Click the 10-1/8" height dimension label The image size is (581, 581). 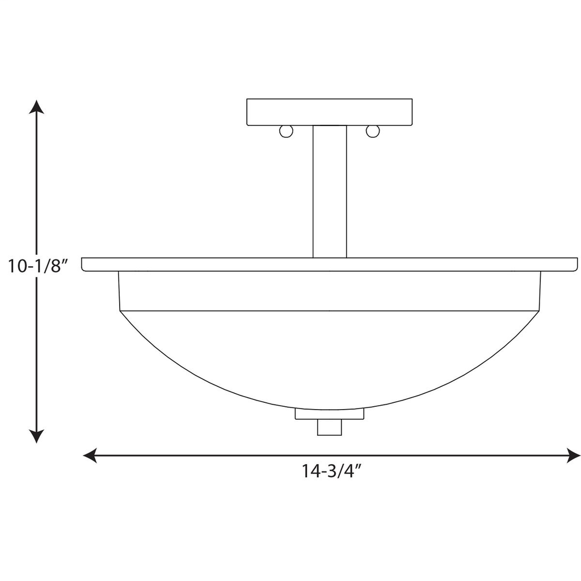(38, 266)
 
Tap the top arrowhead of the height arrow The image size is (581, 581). (37, 108)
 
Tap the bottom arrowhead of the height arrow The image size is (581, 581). (37, 435)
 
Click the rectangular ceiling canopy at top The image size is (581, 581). (330, 112)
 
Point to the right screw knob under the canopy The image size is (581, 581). (372, 132)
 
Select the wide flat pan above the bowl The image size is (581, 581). (330, 264)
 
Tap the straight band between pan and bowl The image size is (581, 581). (330, 291)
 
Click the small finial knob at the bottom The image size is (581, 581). (330, 427)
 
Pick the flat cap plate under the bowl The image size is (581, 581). (330, 414)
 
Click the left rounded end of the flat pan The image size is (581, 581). (85, 264)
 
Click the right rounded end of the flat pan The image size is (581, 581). (574, 264)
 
